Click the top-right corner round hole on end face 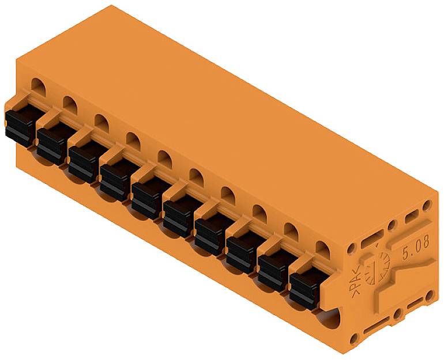pos(427,205)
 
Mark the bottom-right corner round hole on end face pos(430,295)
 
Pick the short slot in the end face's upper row pos(411,218)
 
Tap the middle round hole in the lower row pos(397,314)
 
